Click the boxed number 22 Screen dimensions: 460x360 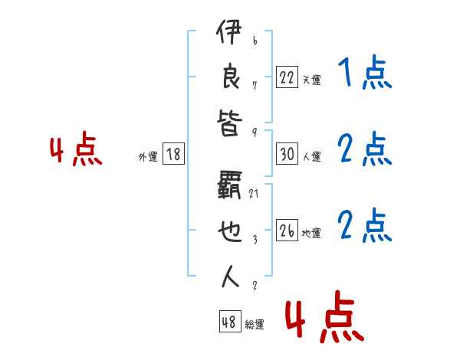tap(287, 77)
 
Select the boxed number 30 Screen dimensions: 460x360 tap(287, 154)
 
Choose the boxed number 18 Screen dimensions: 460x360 tap(173, 154)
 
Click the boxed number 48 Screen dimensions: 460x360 tap(228, 322)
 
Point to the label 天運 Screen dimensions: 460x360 tap(311, 80)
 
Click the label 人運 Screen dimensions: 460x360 tap(311, 156)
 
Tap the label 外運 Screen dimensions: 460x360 tap(147, 156)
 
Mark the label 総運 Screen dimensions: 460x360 tap(255, 324)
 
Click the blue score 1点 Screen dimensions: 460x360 tap(364, 74)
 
